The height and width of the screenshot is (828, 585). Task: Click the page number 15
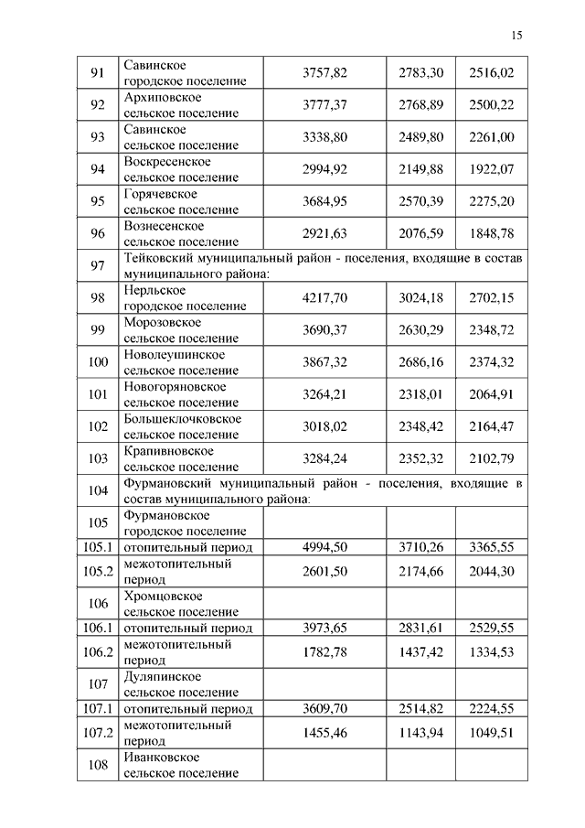(x=516, y=36)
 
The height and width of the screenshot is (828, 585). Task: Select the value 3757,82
(x=325, y=73)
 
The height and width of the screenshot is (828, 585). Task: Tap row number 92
(x=98, y=105)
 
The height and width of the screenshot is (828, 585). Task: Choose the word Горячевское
(x=160, y=194)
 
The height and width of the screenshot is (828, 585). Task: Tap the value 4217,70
(x=325, y=297)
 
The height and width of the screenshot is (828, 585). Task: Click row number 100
(x=98, y=361)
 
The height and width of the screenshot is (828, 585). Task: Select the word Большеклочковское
(x=182, y=419)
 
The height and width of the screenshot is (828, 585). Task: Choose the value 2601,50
(x=325, y=571)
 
